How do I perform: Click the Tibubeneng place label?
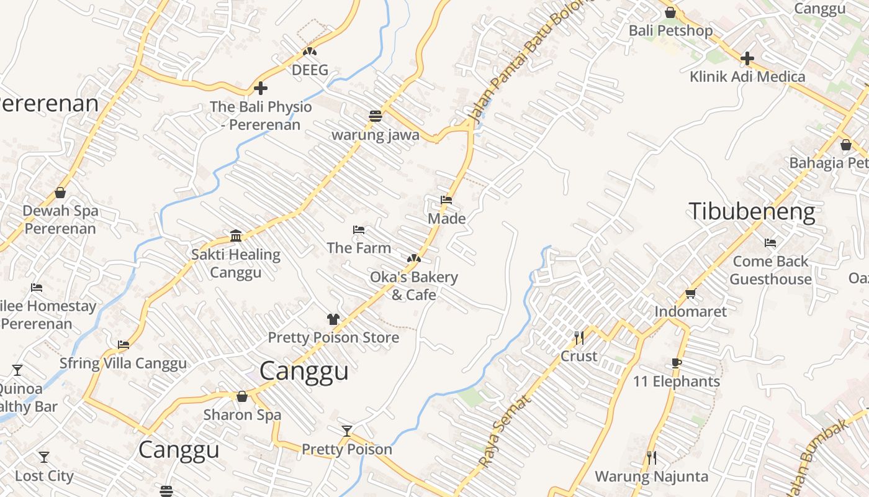(x=752, y=212)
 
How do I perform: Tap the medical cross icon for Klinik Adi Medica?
(x=747, y=58)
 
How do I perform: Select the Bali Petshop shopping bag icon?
(x=670, y=12)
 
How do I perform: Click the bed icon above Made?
(x=446, y=200)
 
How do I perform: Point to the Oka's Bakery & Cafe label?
(x=414, y=286)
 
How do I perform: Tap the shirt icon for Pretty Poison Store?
(x=333, y=319)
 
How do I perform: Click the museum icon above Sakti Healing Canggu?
(x=236, y=235)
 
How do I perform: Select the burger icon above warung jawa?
(x=376, y=116)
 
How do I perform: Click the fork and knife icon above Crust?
(x=579, y=338)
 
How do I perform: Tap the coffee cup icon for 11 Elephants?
(x=677, y=363)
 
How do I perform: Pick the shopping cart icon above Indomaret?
(x=690, y=293)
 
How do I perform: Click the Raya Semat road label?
(x=505, y=431)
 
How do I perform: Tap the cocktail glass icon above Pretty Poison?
(x=347, y=431)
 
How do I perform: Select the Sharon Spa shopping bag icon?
(x=242, y=396)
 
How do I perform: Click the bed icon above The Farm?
(x=359, y=230)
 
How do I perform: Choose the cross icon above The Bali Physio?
(x=261, y=88)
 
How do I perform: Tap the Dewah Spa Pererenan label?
(x=60, y=219)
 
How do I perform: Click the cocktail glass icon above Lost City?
(x=44, y=457)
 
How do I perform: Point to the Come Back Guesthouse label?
(x=770, y=270)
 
